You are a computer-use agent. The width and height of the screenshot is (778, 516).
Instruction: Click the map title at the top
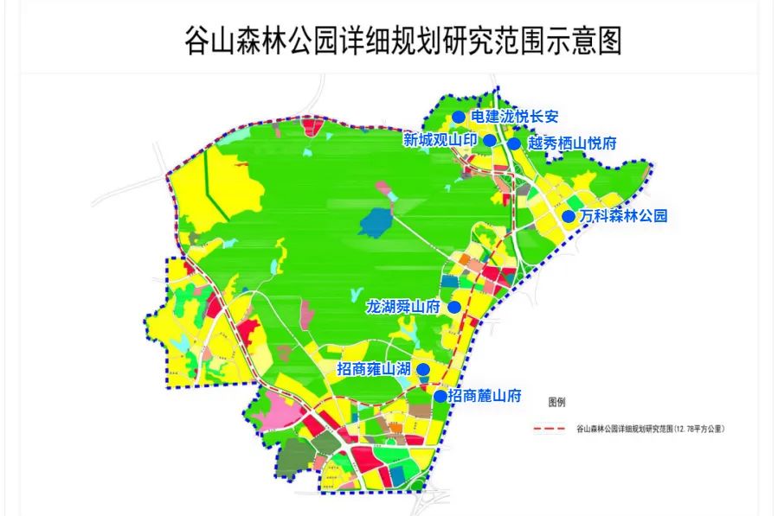click(x=403, y=40)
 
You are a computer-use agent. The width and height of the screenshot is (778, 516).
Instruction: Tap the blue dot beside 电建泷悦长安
click(x=459, y=117)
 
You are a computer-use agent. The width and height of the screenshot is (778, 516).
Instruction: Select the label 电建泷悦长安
click(x=516, y=117)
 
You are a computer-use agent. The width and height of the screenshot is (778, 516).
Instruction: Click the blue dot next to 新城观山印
click(x=489, y=140)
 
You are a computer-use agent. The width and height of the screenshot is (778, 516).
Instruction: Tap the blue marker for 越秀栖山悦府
click(x=514, y=143)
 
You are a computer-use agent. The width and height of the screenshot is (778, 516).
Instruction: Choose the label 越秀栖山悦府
click(x=571, y=143)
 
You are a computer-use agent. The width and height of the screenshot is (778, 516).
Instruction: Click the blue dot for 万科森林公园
click(x=569, y=216)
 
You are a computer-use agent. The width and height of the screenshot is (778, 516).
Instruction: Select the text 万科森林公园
click(x=624, y=216)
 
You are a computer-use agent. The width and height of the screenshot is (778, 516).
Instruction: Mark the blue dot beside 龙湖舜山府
click(x=453, y=307)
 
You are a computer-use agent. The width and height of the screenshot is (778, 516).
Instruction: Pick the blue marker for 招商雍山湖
click(x=423, y=369)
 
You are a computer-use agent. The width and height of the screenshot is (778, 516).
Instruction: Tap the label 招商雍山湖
click(x=373, y=369)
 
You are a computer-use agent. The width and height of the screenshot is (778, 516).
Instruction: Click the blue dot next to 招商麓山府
click(x=440, y=396)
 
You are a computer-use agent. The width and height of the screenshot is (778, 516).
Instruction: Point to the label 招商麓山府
click(x=485, y=396)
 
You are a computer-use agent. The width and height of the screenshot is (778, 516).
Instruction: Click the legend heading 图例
click(x=556, y=403)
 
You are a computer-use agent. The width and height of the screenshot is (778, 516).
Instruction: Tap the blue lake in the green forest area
click(x=374, y=224)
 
